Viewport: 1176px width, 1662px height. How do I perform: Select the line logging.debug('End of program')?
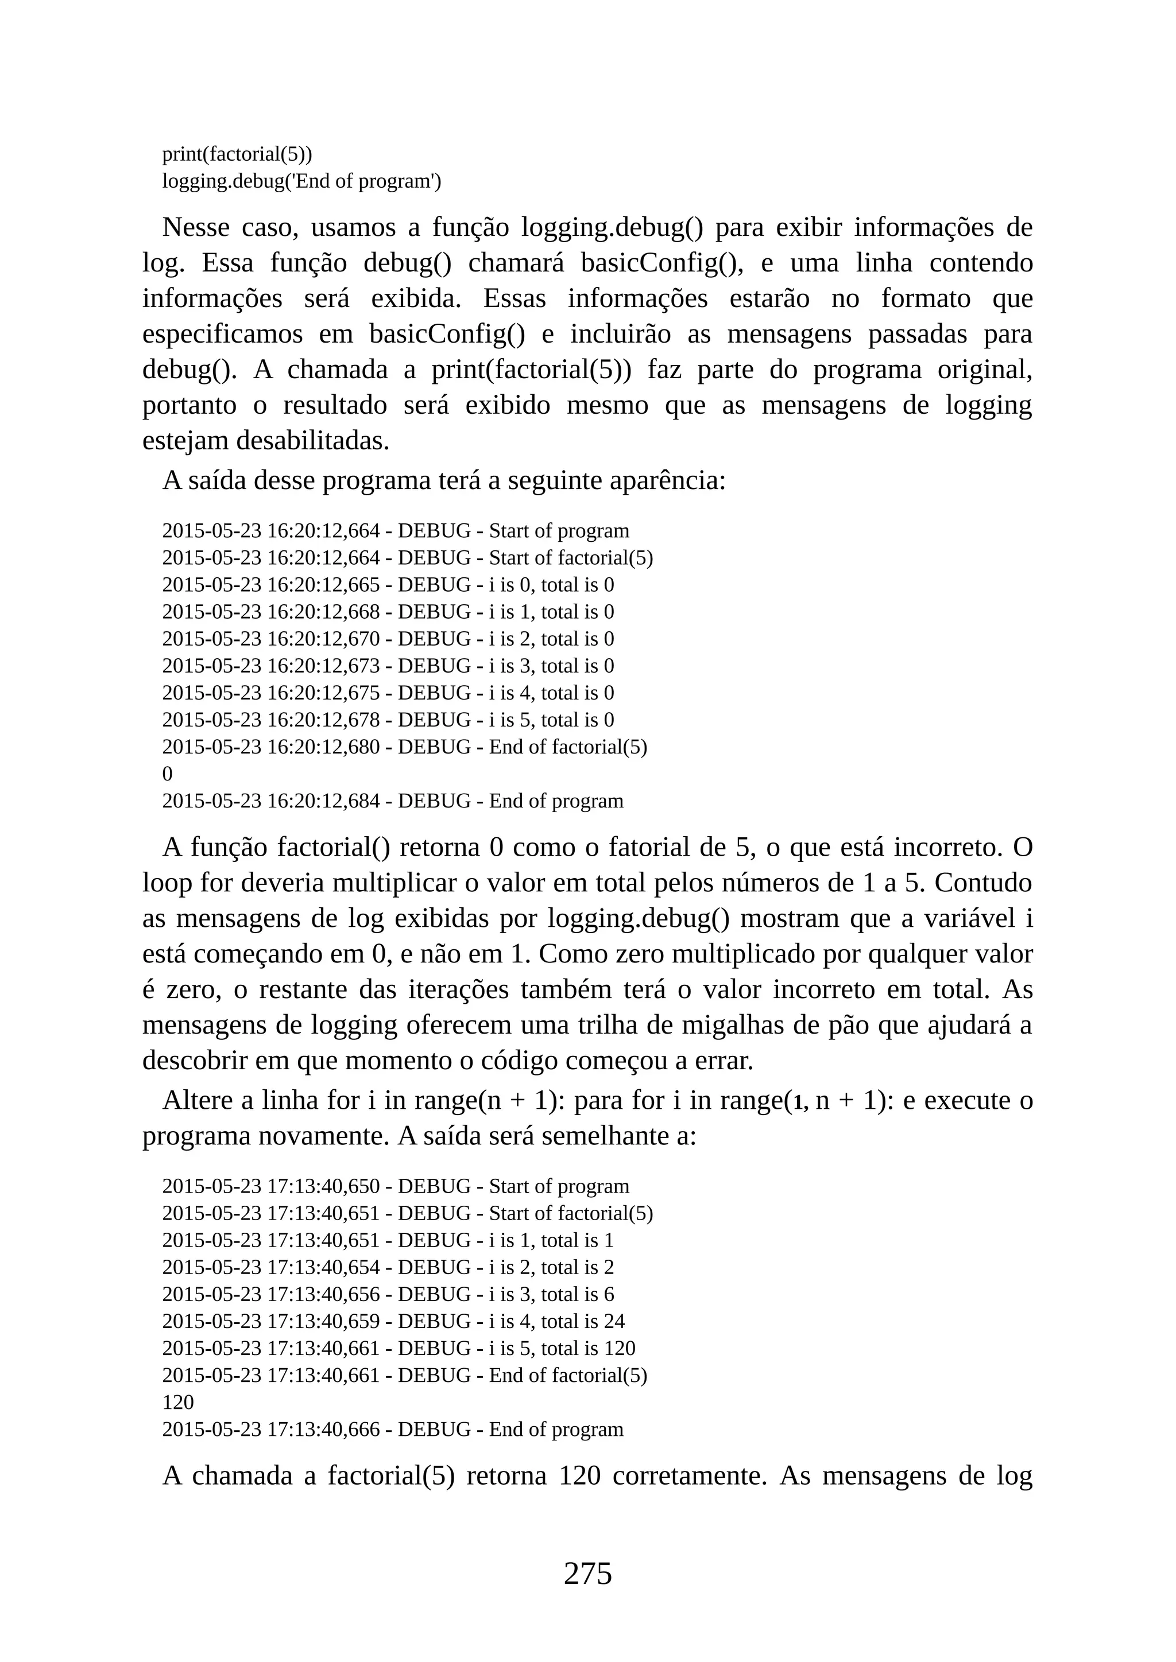[301, 181]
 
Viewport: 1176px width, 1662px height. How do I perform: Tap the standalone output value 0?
[167, 774]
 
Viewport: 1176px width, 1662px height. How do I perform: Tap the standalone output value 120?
[178, 1402]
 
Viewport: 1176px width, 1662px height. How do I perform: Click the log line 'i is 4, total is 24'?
[393, 1321]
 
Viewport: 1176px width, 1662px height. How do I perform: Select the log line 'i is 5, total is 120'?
[399, 1348]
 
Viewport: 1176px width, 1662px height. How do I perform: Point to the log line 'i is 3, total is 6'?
[388, 1294]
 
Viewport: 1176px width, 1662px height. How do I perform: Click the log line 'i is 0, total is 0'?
[388, 584]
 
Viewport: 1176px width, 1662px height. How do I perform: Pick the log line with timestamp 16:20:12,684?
[393, 801]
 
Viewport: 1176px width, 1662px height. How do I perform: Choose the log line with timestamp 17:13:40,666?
[393, 1429]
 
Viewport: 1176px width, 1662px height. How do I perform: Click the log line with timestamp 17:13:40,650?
[396, 1186]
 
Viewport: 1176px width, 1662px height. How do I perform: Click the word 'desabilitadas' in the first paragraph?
[312, 441]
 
